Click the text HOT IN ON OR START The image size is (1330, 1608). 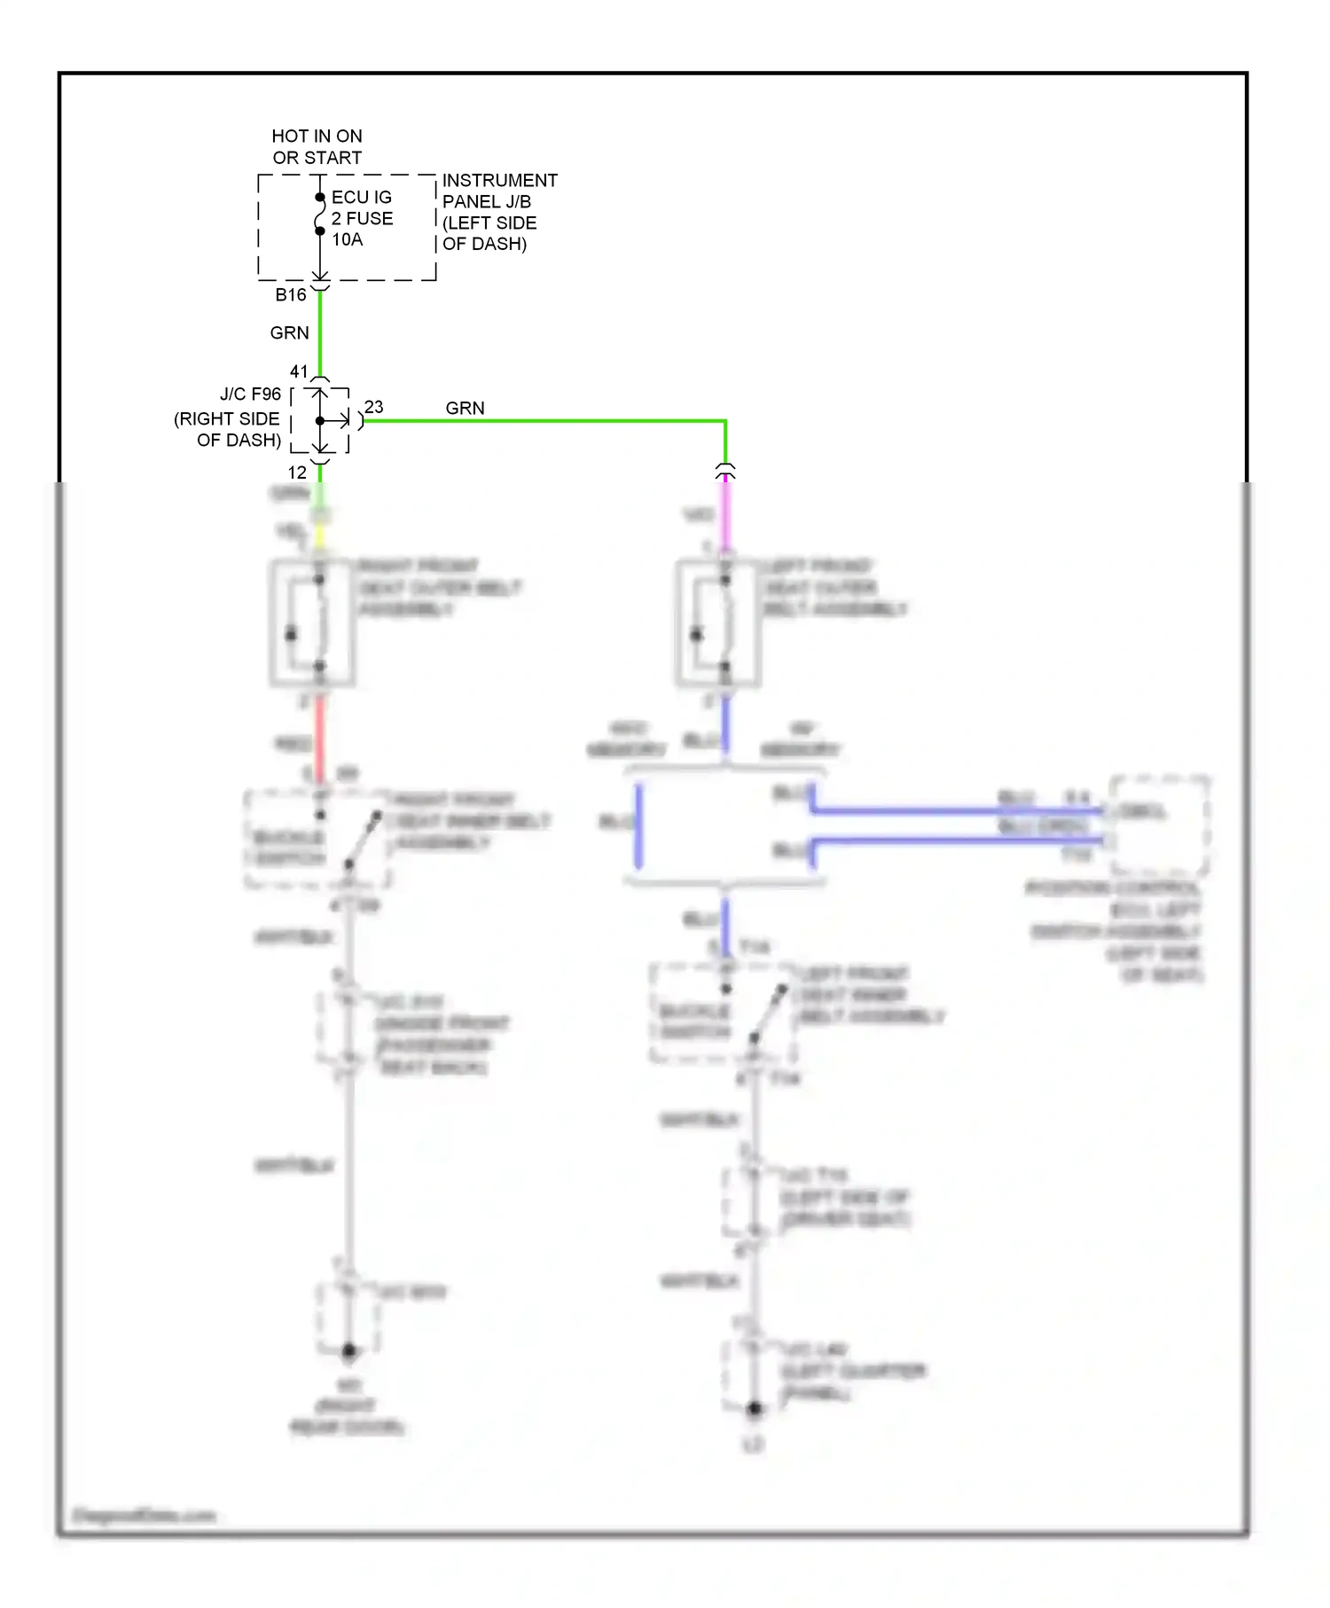(317, 147)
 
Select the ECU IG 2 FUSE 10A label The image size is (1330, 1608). (362, 218)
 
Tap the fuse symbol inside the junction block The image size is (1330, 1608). (320, 215)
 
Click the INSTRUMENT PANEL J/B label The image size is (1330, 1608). (499, 212)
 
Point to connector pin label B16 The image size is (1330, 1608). (291, 295)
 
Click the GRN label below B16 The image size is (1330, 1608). (289, 333)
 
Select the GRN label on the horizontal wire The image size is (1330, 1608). (465, 408)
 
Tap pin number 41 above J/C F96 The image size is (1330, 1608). (299, 371)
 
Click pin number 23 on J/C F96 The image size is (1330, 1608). (374, 407)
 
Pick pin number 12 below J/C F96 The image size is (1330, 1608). (297, 472)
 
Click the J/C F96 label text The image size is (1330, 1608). (250, 394)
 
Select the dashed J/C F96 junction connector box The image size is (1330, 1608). (320, 421)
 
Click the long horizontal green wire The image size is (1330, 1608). (545, 420)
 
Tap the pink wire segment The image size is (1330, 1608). (725, 513)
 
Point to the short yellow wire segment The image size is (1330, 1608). (320, 535)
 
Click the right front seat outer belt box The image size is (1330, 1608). (313, 622)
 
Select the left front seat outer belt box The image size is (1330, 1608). (718, 622)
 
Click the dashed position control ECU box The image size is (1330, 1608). (1160, 825)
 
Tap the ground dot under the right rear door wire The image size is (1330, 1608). (348, 1351)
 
